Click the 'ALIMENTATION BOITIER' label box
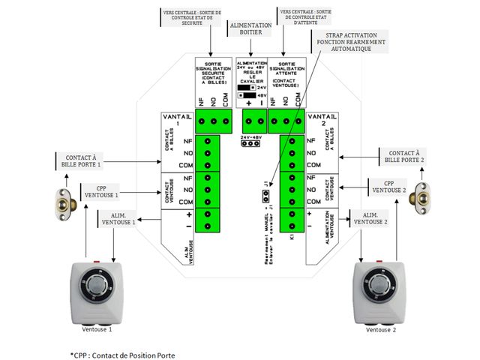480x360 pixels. (x=250, y=28)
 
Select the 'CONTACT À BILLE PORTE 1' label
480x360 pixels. (x=78, y=159)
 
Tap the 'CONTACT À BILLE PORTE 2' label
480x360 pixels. (x=405, y=157)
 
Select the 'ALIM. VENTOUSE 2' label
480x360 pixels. (x=372, y=218)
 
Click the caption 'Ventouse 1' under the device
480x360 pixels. (x=97, y=330)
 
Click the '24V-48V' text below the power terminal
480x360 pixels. (x=251, y=137)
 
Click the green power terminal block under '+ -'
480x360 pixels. (x=253, y=120)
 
